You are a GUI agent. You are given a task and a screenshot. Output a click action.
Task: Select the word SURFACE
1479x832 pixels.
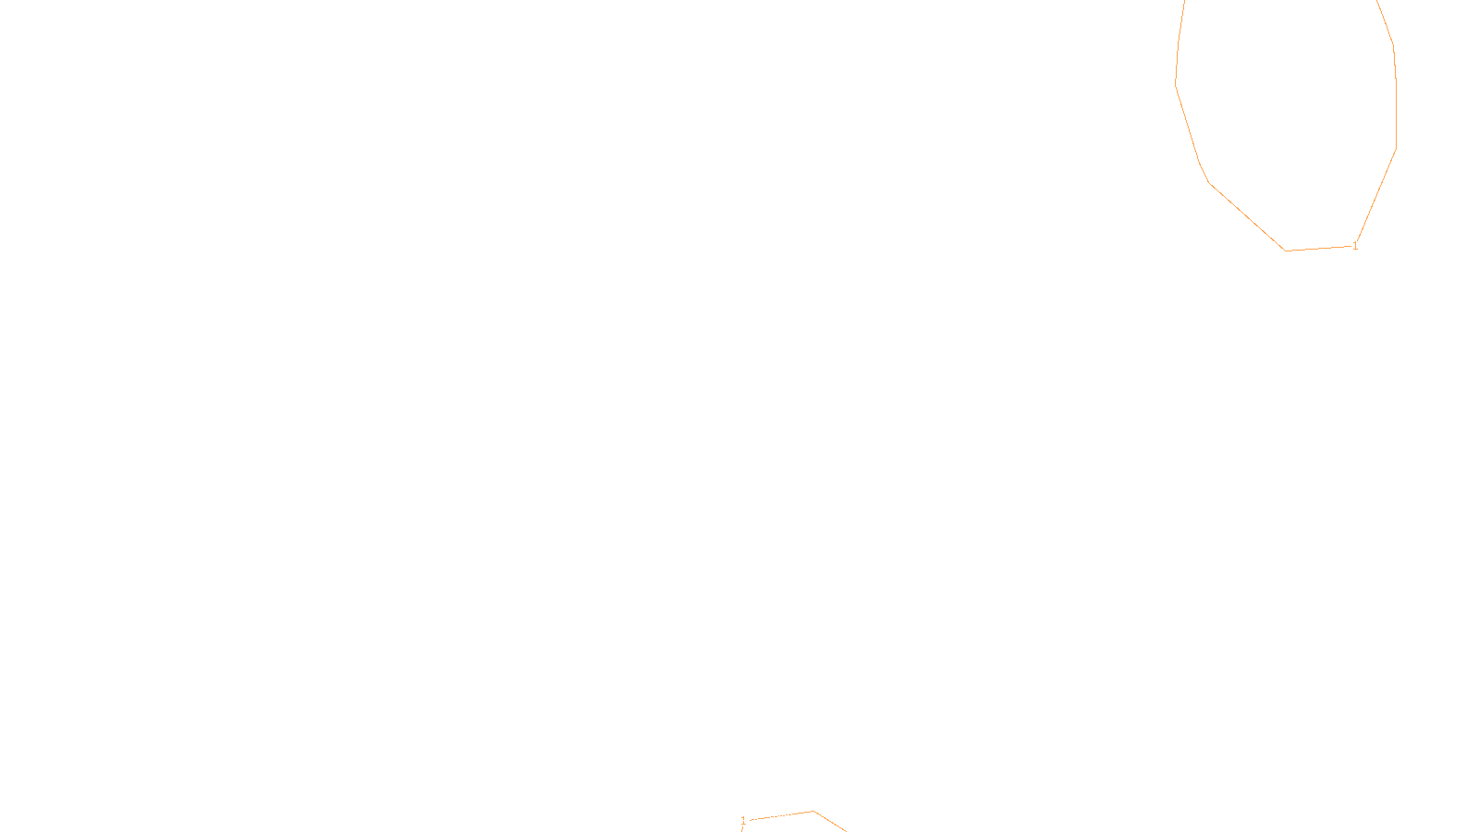pyautogui.click(x=739, y=817)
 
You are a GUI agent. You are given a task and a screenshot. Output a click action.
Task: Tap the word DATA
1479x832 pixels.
pyautogui.click(x=781, y=817)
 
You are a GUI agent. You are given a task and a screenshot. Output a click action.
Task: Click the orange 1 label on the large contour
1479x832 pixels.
pyautogui.click(x=1355, y=246)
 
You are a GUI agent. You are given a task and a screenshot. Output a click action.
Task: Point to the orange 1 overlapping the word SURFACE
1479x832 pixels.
pyautogui.click(x=743, y=821)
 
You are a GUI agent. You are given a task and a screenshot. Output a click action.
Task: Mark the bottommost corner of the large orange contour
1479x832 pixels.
pyautogui.click(x=1285, y=251)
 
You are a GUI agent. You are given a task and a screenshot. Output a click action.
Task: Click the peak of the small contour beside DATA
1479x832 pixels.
pyautogui.click(x=813, y=812)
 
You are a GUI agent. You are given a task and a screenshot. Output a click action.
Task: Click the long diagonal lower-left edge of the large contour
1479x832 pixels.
pyautogui.click(x=1246, y=216)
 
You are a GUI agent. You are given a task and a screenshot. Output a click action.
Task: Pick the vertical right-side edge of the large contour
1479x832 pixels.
pyautogui.click(x=1396, y=111)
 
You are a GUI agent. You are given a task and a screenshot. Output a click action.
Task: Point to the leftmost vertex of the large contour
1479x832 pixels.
pyautogui.click(x=1176, y=83)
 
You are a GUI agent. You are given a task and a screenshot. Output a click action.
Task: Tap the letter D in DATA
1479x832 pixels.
pyautogui.click(x=772, y=817)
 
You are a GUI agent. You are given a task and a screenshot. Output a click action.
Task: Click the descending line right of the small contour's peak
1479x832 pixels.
pyautogui.click(x=830, y=822)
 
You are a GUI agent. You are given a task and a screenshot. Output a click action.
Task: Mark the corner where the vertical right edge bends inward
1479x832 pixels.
pyautogui.click(x=1396, y=148)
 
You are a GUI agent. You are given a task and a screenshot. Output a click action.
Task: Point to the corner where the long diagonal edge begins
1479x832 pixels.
pyautogui.click(x=1209, y=183)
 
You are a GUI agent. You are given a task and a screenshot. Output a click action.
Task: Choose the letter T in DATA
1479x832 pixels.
pyautogui.click(x=785, y=817)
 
